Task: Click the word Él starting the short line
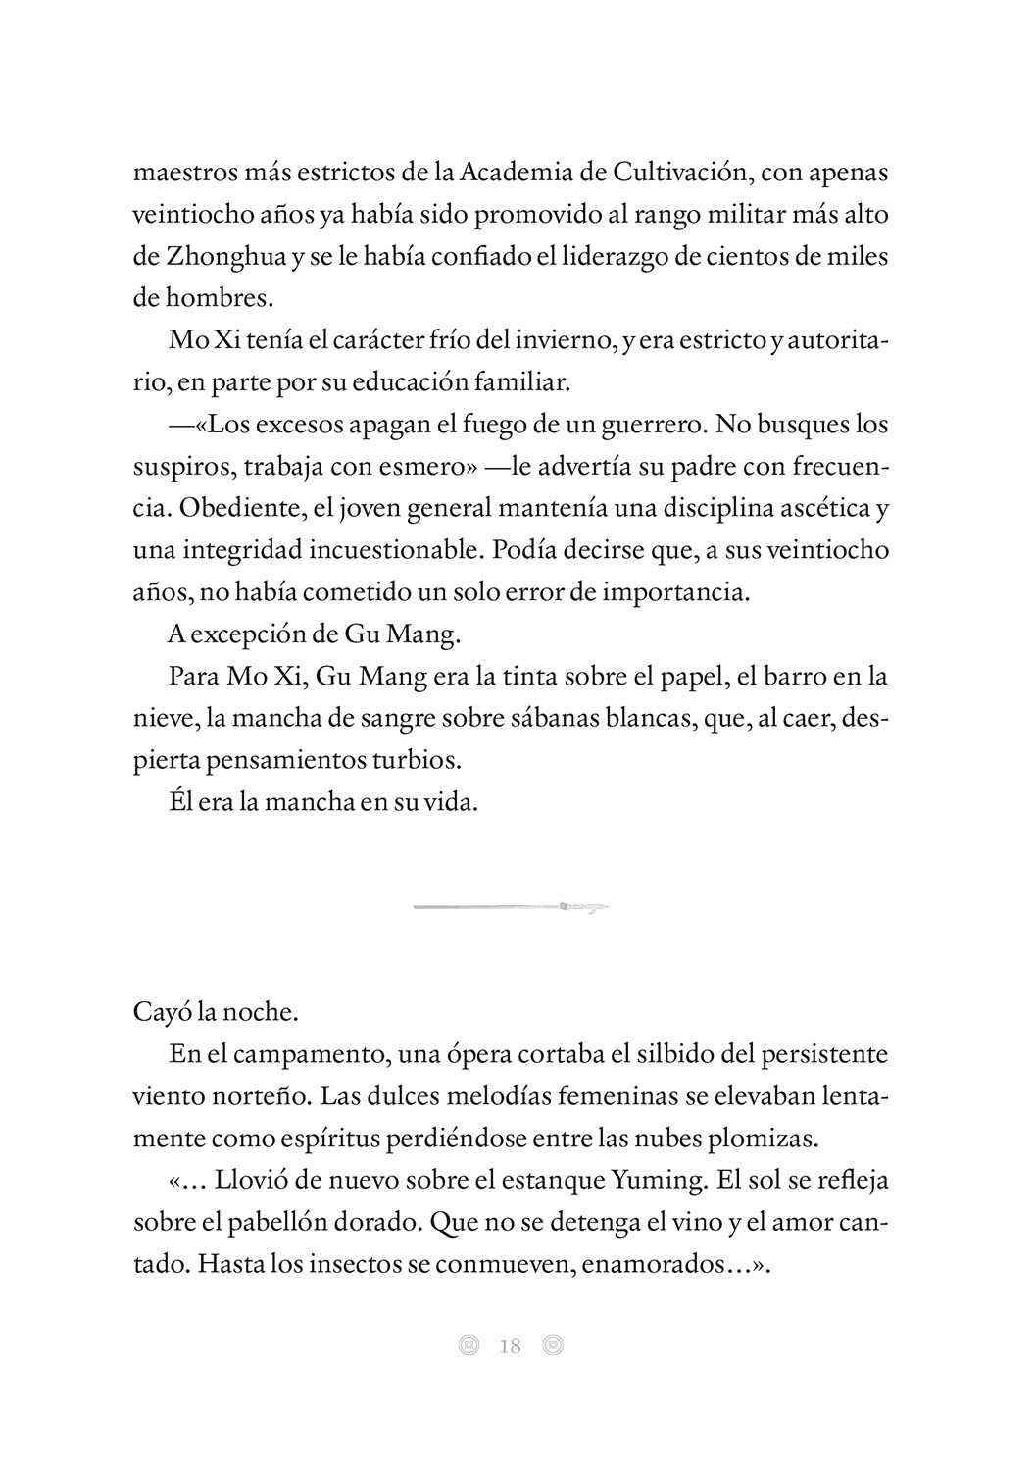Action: pos(182,801)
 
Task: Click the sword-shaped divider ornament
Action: pos(511,907)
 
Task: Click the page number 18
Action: pos(511,1346)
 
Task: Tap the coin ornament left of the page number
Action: pos(469,1346)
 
